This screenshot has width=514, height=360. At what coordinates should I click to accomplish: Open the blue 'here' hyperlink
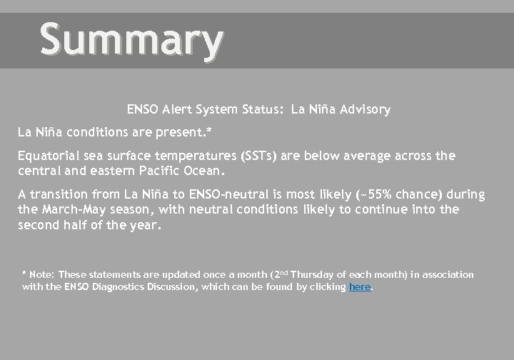(360, 286)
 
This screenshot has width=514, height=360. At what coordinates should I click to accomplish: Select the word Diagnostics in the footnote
(121, 286)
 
